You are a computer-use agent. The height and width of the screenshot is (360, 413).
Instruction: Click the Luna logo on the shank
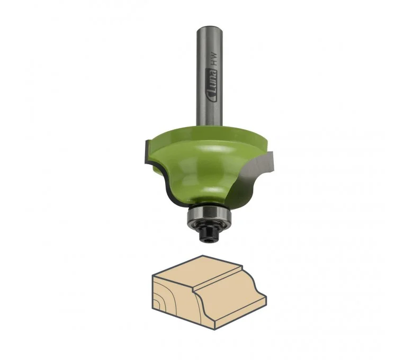212,85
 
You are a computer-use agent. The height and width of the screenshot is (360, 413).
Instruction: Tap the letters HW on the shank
214,58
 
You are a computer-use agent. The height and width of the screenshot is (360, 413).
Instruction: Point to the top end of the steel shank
210,28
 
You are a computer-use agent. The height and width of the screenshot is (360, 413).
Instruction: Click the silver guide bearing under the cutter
209,216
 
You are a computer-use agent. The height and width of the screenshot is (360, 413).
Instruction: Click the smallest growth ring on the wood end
156,305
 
